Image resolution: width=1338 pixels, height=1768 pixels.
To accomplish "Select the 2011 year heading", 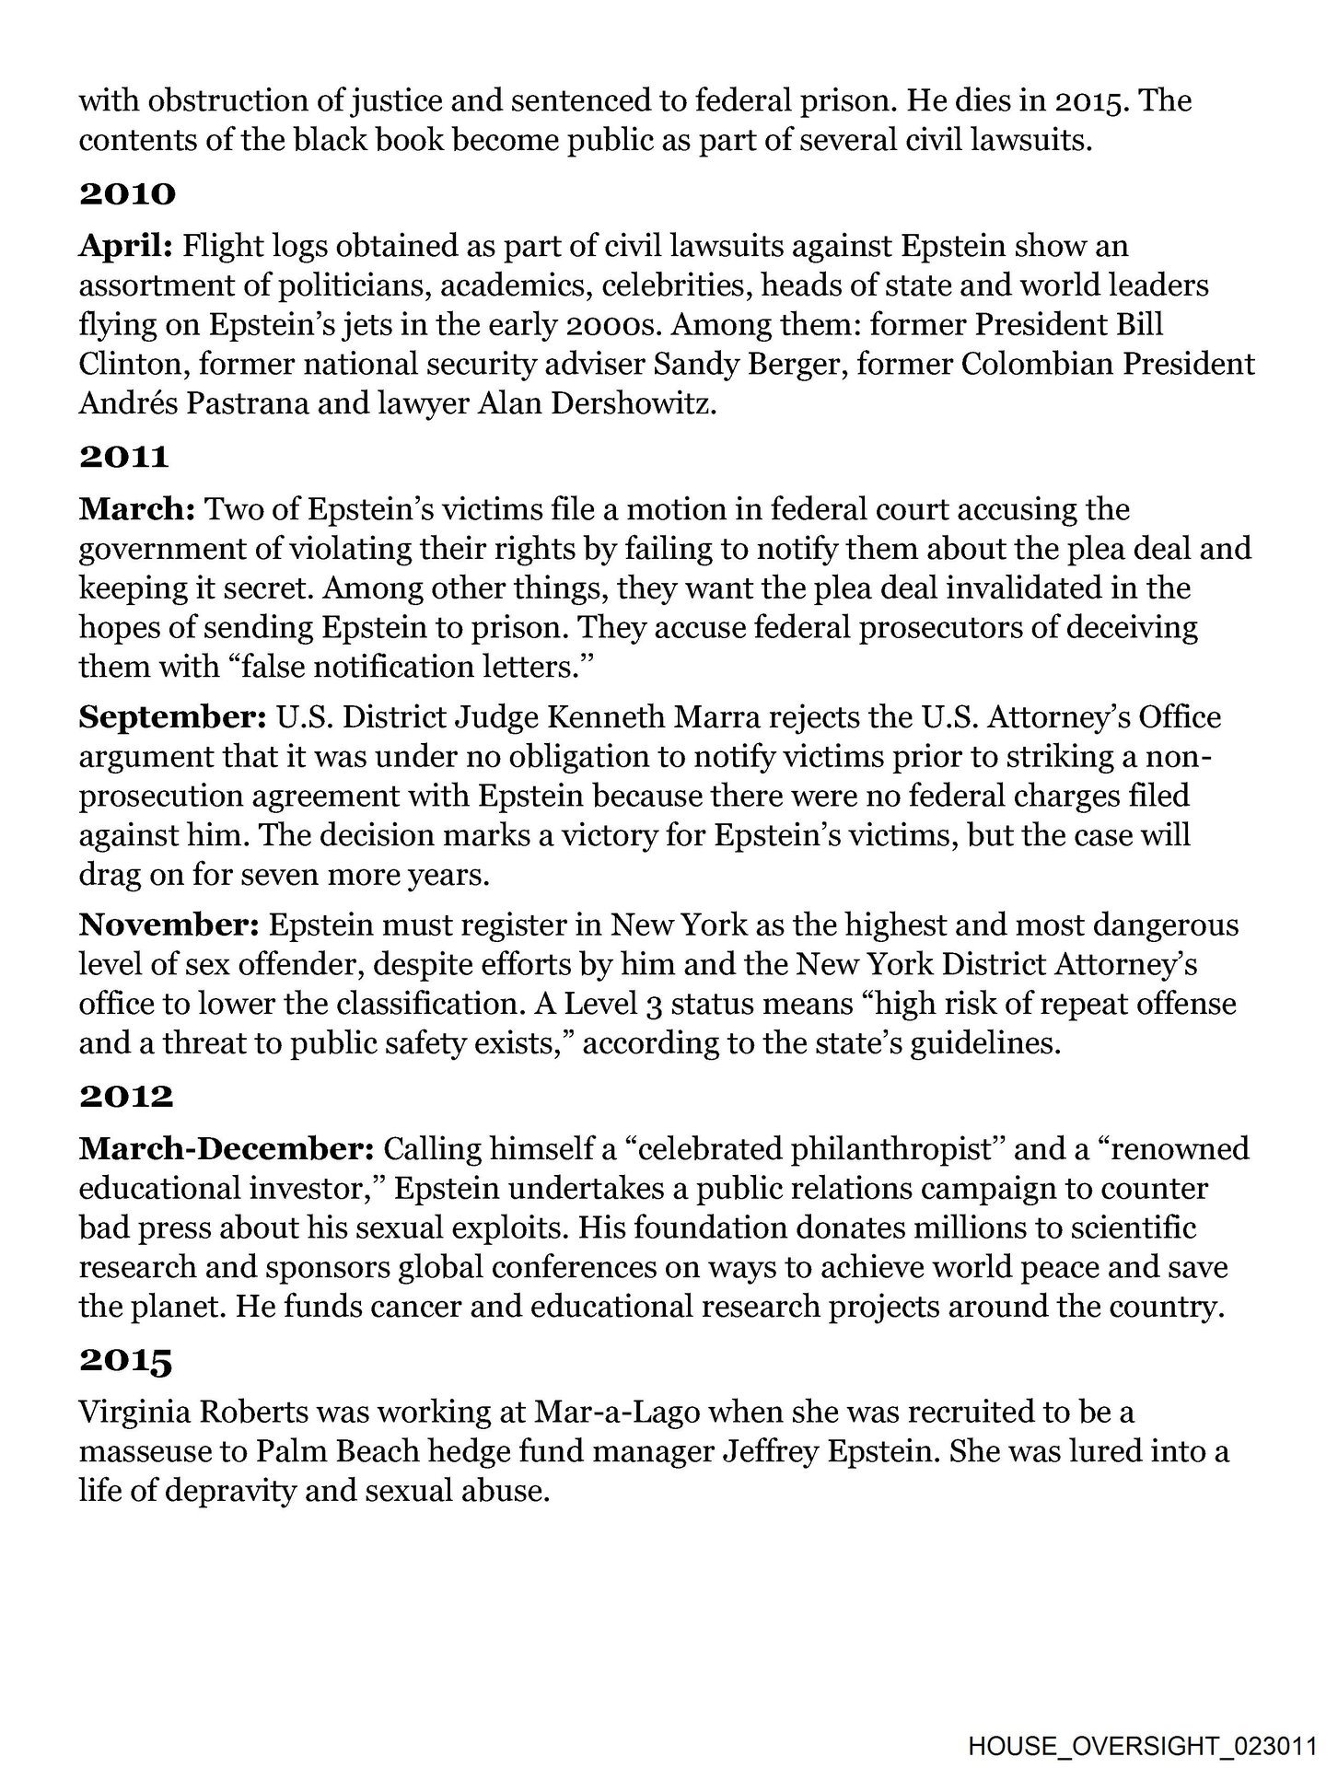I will tap(125, 456).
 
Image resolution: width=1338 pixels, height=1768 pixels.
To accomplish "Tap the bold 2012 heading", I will tap(126, 1096).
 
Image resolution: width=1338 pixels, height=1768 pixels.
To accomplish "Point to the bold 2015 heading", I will tap(126, 1360).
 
